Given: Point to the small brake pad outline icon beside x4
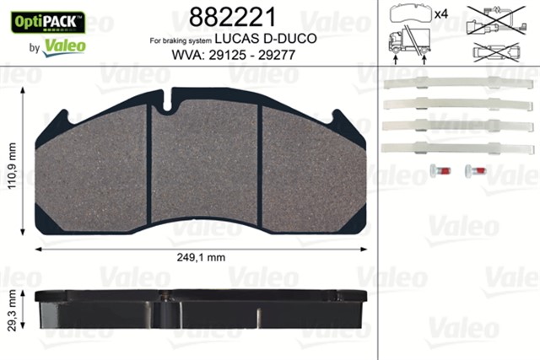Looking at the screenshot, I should pyautogui.click(x=411, y=14).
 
